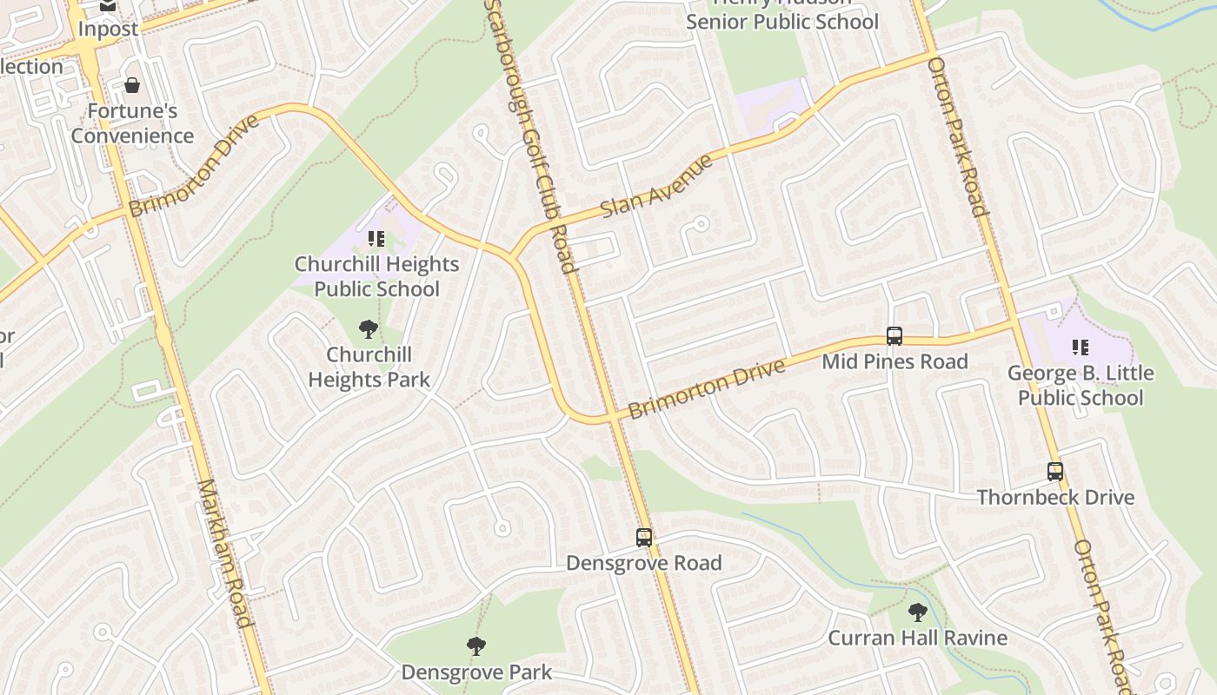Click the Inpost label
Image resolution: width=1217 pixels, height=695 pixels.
108,29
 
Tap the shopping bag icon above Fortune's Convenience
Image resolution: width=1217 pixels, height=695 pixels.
132,85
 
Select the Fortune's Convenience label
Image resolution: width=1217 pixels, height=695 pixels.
132,123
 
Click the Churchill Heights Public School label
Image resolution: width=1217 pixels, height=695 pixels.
376,276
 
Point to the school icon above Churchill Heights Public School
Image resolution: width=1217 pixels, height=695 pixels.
376,238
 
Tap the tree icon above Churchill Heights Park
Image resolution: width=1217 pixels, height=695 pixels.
369,329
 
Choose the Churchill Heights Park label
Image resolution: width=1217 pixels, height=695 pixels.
369,367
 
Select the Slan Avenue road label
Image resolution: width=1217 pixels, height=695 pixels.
657,186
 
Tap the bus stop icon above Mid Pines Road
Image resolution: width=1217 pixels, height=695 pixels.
894,336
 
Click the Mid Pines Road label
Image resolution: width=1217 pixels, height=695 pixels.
894,361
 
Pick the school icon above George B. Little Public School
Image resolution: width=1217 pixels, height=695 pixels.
1081,348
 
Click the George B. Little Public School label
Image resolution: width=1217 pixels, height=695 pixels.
1081,386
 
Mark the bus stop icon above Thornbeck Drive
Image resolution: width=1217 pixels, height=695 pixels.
1055,472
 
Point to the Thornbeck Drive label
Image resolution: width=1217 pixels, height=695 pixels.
1055,498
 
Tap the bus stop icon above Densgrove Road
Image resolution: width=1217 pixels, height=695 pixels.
644,538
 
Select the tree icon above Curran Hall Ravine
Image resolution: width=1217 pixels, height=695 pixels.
917,612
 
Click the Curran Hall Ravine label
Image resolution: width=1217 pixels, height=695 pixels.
917,639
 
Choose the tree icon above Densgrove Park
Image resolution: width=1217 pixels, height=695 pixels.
475,646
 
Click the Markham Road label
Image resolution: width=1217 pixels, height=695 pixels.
225,552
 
